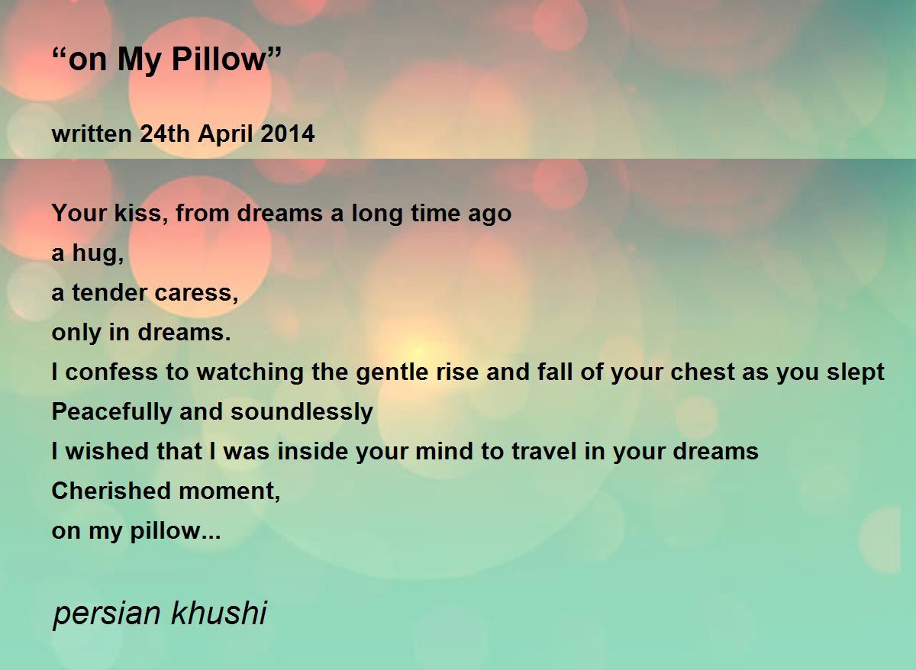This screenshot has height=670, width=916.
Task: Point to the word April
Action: click(226, 134)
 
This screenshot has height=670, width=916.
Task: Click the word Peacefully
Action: click(112, 412)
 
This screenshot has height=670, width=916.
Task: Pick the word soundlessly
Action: click(302, 412)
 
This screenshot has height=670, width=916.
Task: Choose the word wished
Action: click(101, 452)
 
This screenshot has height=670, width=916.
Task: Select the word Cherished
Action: click(112, 491)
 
